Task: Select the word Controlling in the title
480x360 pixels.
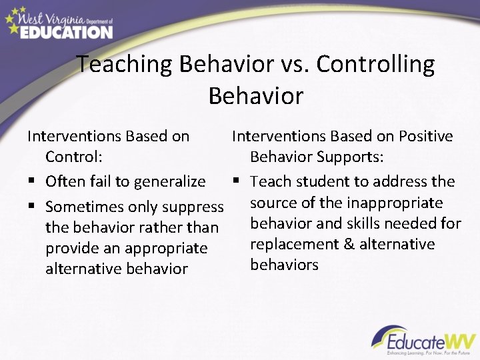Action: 375,65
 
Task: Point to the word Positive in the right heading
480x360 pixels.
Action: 424,136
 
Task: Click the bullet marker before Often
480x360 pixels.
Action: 31,181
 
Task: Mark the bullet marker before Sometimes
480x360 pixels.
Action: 31,207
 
